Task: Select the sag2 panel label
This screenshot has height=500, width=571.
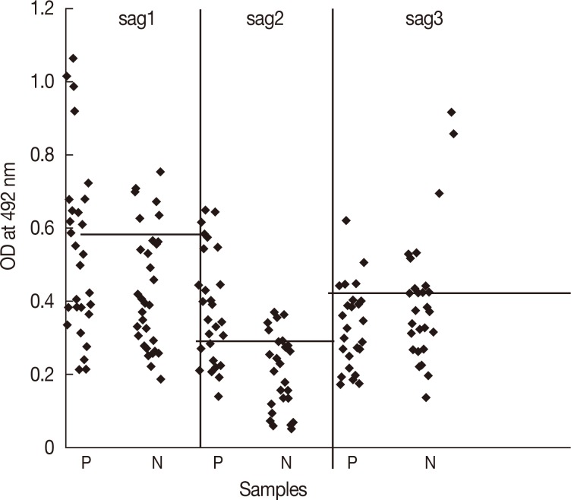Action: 265,21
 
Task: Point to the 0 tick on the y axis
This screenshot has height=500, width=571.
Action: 49,448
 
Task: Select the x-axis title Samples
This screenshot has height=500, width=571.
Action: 274,486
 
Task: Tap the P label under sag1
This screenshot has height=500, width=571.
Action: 85,462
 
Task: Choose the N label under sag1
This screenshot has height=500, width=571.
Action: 156,462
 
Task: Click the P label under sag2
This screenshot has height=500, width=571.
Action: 219,462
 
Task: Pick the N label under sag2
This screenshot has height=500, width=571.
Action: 285,462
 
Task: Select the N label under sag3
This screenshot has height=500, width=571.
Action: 430,462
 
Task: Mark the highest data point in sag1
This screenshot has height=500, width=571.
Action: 73,59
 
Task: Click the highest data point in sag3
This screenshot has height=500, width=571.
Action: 452,112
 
